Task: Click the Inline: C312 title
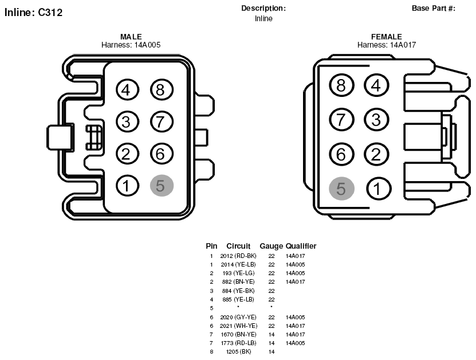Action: point(33,13)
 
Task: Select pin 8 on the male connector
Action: point(162,89)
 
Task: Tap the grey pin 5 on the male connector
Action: point(162,186)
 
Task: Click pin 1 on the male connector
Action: point(127,186)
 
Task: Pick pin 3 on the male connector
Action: point(127,122)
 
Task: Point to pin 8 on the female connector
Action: point(341,85)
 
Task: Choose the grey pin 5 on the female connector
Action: point(341,189)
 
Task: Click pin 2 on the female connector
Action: point(376,154)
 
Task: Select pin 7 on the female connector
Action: point(341,119)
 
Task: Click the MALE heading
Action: point(131,37)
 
